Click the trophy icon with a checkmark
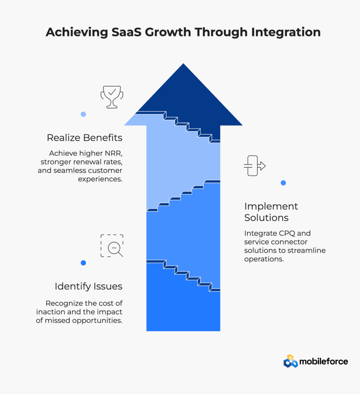tap(112, 97)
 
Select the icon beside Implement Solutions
tap(255, 165)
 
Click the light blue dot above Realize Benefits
tap(83, 114)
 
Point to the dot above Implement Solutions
tap(283, 183)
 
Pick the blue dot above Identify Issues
tap(83, 263)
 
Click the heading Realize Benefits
tap(84, 138)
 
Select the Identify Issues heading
tap(88, 286)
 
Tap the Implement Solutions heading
tap(271, 212)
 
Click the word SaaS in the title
tap(127, 32)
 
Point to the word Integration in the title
tap(286, 32)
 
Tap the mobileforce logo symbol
tap(291, 361)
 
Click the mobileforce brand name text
tap(323, 362)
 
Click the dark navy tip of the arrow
tap(183, 64)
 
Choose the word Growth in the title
tap(168, 32)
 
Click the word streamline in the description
tap(307, 250)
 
